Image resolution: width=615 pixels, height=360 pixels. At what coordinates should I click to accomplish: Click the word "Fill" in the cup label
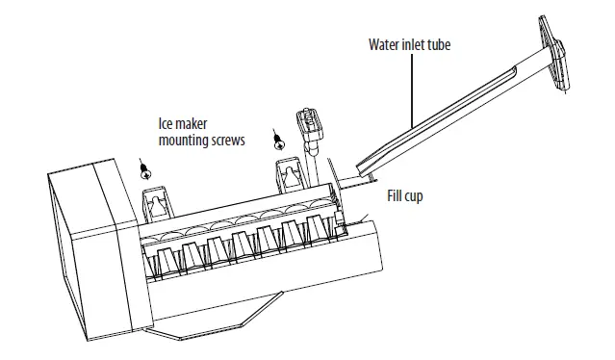[x=396, y=195]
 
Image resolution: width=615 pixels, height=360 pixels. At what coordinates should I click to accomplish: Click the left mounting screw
[x=145, y=171]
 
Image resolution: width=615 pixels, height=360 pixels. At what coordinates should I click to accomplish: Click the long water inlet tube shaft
[x=452, y=111]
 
